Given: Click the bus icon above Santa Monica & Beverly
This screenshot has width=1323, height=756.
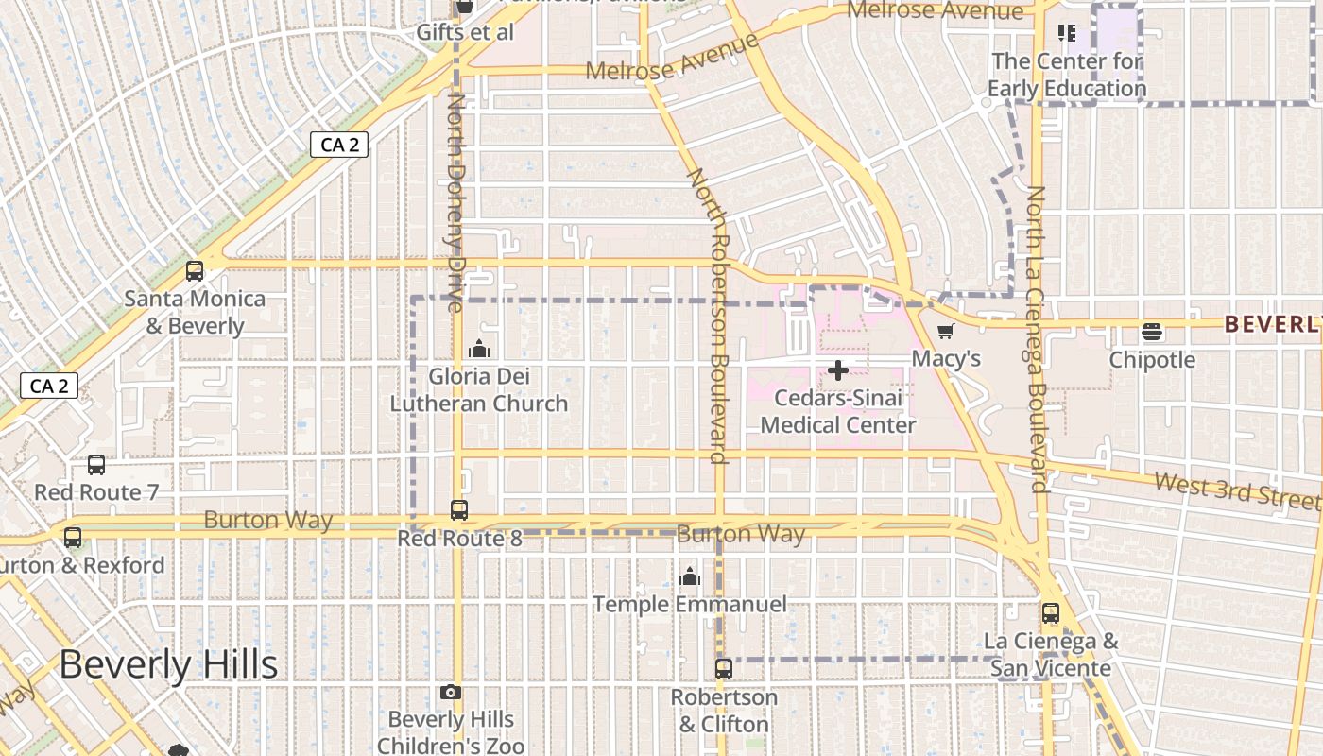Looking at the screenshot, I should (x=195, y=271).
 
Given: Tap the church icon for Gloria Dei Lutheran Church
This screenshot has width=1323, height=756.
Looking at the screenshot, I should (x=479, y=349).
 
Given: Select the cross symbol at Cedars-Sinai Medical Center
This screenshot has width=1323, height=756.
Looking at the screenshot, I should (x=837, y=370).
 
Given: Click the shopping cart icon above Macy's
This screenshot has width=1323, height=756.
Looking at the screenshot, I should (x=946, y=331).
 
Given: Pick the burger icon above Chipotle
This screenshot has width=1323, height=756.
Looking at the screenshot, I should (x=1151, y=332).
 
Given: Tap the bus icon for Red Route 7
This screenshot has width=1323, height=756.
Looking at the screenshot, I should (x=96, y=465).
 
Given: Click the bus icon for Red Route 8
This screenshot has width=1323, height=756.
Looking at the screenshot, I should (x=459, y=510).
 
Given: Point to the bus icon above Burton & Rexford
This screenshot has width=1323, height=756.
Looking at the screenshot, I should (x=73, y=538).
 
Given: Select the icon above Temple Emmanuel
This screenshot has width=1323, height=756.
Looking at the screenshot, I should (x=691, y=576).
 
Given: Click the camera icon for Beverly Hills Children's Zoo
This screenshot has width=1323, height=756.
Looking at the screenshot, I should (x=451, y=693).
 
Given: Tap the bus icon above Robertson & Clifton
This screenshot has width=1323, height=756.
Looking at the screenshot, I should (x=724, y=669).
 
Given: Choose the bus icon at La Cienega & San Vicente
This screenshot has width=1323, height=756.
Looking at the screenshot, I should (x=1051, y=613).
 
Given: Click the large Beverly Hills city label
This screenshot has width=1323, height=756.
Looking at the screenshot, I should (x=168, y=665).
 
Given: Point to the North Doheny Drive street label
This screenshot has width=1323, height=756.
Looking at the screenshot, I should (x=456, y=201).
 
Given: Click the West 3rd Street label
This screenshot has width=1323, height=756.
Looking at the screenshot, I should (x=1235, y=490).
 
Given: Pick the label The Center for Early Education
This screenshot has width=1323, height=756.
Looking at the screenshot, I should (x=1067, y=76).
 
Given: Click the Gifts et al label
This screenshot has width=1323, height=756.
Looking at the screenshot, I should (x=465, y=32).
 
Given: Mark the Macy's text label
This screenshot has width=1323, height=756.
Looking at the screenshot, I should (x=946, y=359).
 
